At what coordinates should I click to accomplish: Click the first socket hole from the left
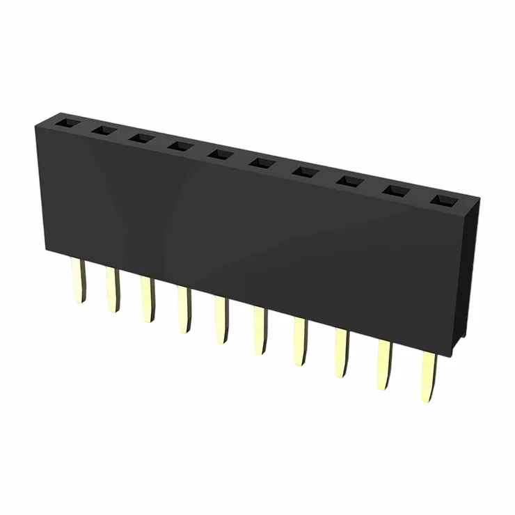65,123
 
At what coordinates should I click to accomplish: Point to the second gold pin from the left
112,290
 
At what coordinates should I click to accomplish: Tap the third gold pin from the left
148,301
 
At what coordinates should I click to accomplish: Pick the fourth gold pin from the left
184,310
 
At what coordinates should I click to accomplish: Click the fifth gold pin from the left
221,320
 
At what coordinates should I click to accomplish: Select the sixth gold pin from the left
260,331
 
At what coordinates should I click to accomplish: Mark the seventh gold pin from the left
301,342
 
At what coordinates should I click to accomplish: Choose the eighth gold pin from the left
342,354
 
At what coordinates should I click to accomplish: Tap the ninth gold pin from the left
385,365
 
